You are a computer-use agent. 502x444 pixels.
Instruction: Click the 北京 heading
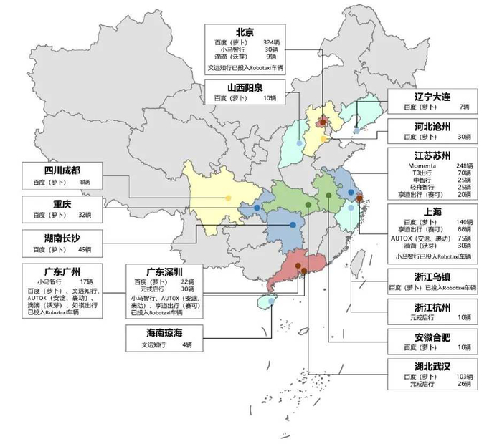pyautogui.click(x=245, y=32)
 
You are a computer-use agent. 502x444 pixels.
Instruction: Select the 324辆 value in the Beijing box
pyautogui.click(x=273, y=42)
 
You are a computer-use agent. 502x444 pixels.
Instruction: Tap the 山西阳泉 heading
pyautogui.click(x=245, y=87)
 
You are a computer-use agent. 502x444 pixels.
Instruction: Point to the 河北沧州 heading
pyautogui.click(x=429, y=127)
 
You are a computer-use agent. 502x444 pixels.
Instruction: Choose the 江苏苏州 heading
pyautogui.click(x=429, y=155)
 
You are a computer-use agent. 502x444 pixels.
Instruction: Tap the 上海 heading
pyautogui.click(x=429, y=211)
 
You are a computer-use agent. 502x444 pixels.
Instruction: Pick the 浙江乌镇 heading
pyautogui.click(x=429, y=277)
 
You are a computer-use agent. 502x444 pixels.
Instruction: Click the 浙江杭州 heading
pyautogui.click(x=429, y=307)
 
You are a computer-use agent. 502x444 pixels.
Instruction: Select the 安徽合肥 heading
pyautogui.click(x=429, y=337)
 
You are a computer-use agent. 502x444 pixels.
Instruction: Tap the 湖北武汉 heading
pyautogui.click(x=429, y=366)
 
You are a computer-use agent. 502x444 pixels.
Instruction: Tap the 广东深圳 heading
pyautogui.click(x=164, y=273)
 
